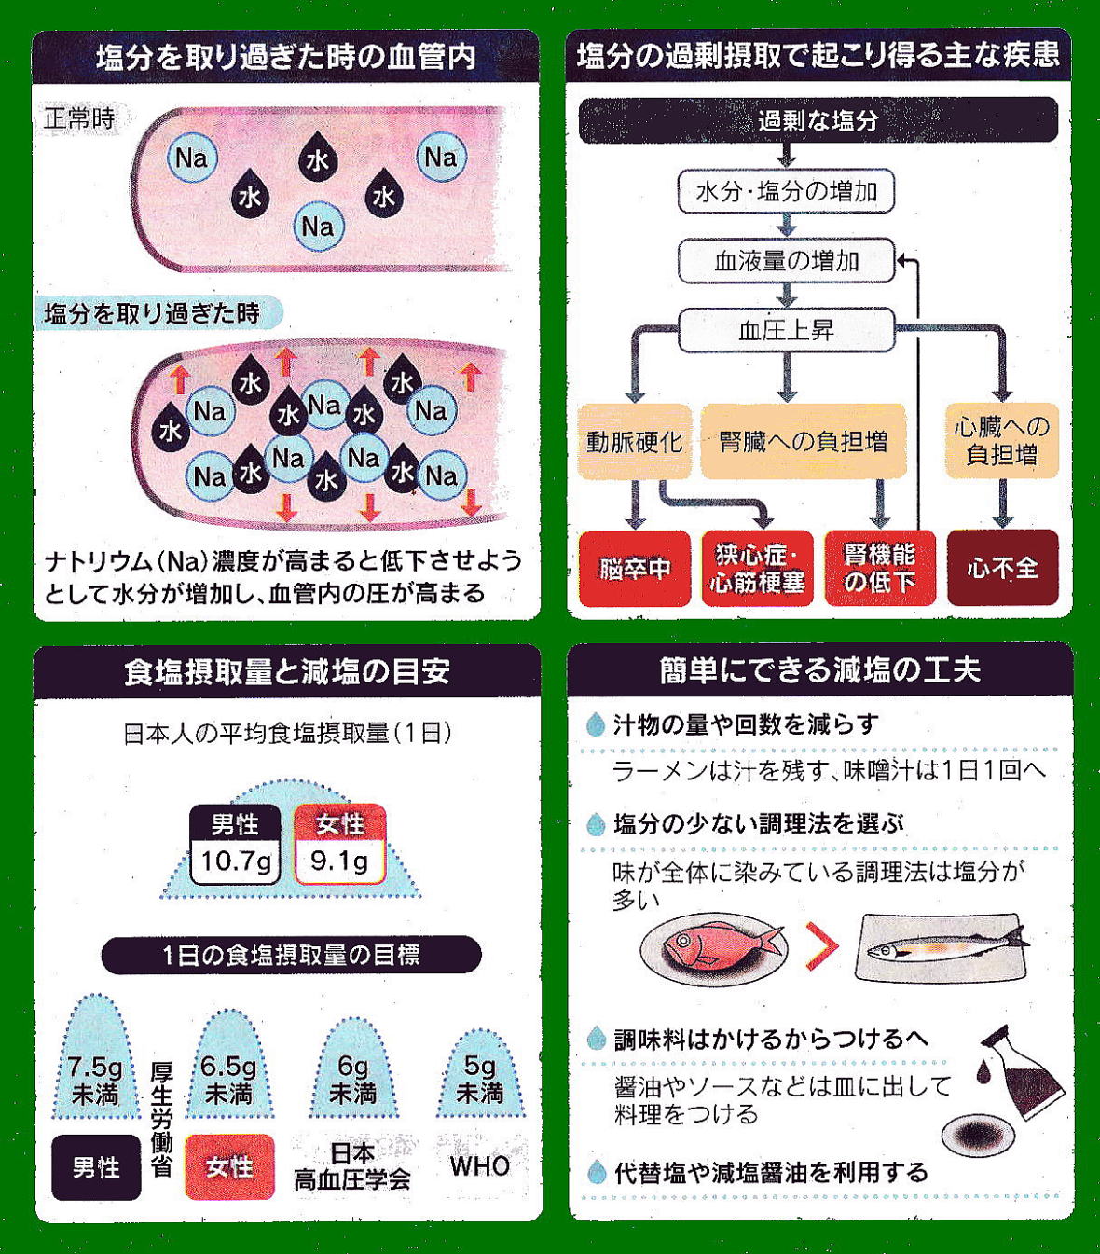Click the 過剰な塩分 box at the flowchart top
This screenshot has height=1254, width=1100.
(818, 120)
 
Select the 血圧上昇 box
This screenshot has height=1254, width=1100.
(786, 330)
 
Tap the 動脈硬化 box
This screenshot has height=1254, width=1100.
(634, 441)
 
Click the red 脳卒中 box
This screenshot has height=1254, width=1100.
(634, 569)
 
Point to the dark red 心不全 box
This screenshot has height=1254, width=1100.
(1002, 568)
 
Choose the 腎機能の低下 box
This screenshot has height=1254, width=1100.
(879, 569)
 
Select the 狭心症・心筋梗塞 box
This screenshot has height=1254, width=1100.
(757, 569)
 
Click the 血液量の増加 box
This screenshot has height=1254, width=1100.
(786, 261)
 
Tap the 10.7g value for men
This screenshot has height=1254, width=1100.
(236, 861)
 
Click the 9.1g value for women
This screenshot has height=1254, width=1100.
(339, 861)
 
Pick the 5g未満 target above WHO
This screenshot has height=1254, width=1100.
(480, 1079)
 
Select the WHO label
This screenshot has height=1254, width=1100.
(480, 1166)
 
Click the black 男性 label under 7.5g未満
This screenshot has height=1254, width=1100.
(96, 1167)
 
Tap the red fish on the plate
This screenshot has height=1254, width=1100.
(716, 946)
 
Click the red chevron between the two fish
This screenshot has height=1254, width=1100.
(821, 947)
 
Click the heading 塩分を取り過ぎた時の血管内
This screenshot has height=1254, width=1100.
(285, 58)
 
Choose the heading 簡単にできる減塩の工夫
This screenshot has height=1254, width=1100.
(819, 670)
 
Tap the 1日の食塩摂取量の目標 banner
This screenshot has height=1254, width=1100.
(291, 955)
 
